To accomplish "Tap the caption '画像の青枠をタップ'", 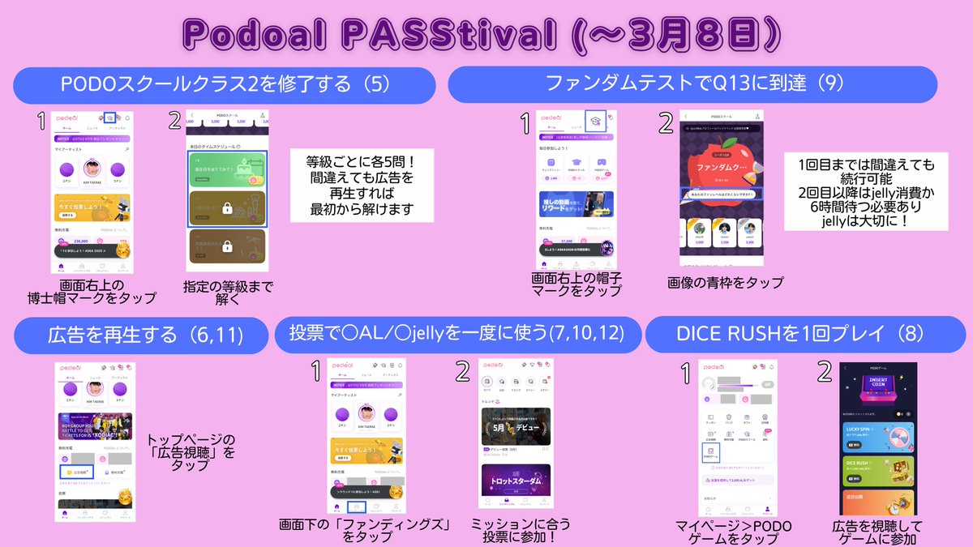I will [725, 283].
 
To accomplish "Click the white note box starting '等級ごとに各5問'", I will [362, 185].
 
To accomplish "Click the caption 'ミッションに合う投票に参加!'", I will [513, 531].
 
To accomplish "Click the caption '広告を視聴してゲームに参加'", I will [877, 533].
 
